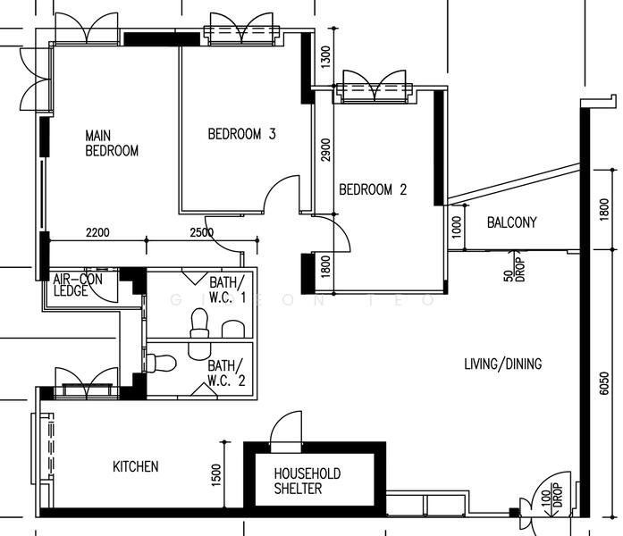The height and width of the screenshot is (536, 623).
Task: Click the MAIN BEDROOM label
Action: pos(112,143)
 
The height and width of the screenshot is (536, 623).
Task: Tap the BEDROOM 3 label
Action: pos(241,135)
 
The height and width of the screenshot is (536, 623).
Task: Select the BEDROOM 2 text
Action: pos(373,189)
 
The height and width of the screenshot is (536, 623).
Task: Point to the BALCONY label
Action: pos(511,222)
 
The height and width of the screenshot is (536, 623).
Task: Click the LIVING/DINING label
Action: pos(502,364)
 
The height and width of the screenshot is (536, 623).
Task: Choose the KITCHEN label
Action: pos(136,466)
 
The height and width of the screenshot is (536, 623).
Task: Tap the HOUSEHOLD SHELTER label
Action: pos(307,481)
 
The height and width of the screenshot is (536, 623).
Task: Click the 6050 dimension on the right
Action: pos(604,381)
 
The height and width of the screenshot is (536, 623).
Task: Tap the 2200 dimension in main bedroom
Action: pos(97,233)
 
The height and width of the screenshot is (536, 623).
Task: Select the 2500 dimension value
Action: pos(202,233)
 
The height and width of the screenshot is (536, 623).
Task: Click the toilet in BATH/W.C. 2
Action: pos(161,363)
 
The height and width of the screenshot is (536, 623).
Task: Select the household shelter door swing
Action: pos(288,427)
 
